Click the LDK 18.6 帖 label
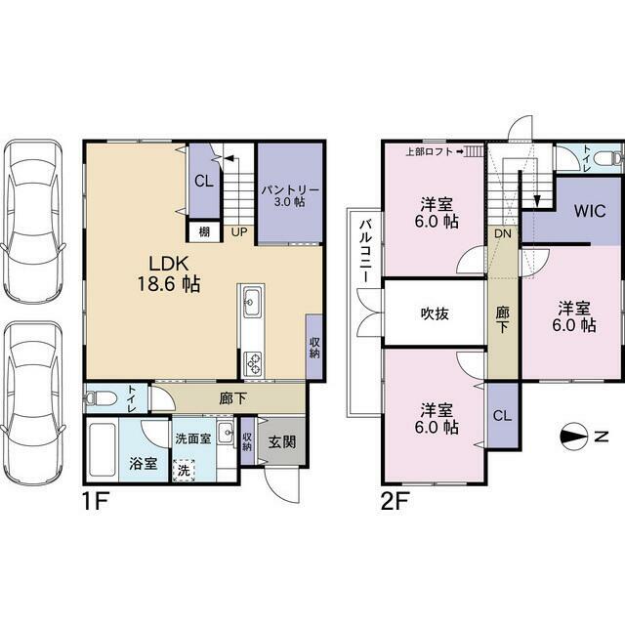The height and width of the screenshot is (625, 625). point(169,273)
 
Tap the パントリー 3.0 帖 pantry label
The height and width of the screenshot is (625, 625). point(290,195)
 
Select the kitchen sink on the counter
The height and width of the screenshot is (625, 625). point(252,303)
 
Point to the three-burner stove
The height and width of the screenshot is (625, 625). point(252,363)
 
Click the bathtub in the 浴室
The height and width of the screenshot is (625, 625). point(102,449)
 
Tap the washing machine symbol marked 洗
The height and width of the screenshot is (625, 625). point(184,471)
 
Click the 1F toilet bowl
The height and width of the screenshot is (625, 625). point(101,397)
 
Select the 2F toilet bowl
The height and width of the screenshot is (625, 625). point(607,157)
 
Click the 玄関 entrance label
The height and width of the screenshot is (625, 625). point(282,441)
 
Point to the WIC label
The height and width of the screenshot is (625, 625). point(590,211)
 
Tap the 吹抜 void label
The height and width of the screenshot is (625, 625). point(435,313)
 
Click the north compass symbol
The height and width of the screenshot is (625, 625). point(573,437)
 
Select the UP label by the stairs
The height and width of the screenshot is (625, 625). point(238,231)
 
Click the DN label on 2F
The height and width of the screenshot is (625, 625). point(503,233)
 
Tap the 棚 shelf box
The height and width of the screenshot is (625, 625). point(204,231)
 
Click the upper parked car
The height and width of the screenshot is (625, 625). point(33,221)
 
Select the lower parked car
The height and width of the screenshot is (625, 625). point(33,402)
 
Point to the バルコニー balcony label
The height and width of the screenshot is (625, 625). point(364,251)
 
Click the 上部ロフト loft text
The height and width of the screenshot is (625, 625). point(430,151)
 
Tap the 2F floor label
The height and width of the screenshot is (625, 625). point(396,501)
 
